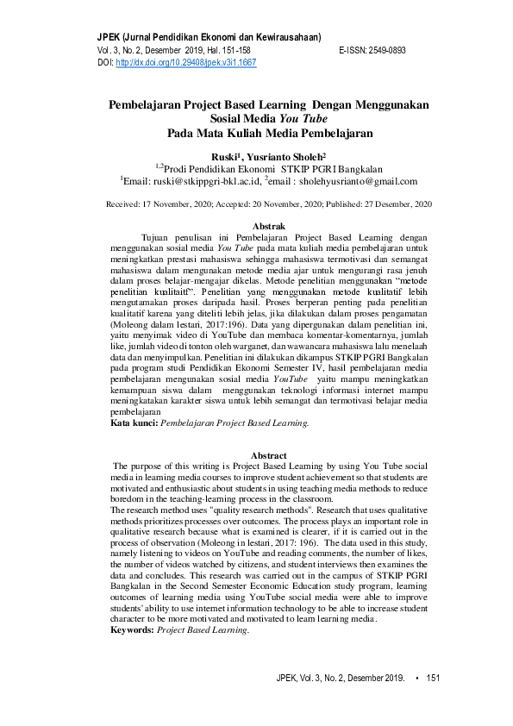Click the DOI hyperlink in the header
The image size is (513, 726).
pyautogui.click(x=185, y=63)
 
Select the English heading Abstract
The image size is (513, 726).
pyautogui.click(x=268, y=455)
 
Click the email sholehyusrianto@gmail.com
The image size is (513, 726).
pyautogui.click(x=364, y=182)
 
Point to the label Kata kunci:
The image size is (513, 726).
pyautogui.click(x=134, y=423)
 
